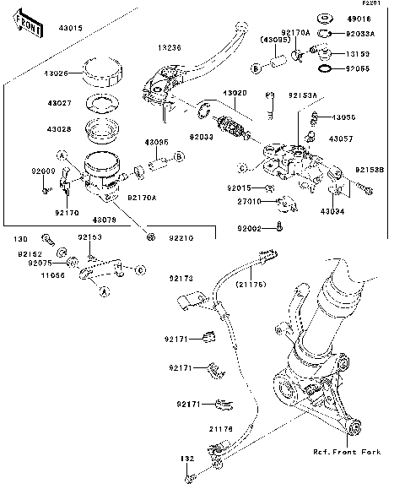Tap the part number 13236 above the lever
tap(170, 48)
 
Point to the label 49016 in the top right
tap(359, 18)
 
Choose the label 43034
tap(333, 213)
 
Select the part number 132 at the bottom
tap(186, 457)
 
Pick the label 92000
tap(43, 171)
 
